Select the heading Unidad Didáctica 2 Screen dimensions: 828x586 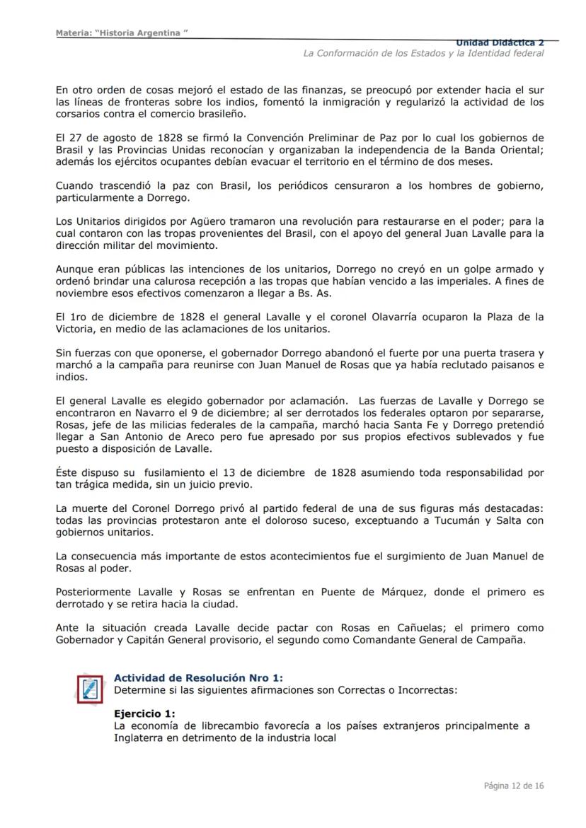click(x=500, y=43)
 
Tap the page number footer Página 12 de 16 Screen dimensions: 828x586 click(x=513, y=786)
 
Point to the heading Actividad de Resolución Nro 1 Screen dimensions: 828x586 click(x=198, y=677)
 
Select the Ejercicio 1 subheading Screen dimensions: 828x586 click(x=144, y=713)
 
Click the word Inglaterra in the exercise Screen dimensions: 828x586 click(x=142, y=737)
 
